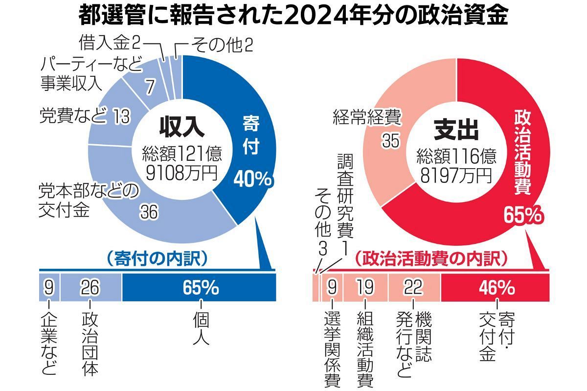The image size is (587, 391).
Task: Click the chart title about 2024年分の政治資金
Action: pyautogui.click(x=293, y=16)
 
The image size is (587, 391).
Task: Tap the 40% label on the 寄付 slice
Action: pyautogui.click(x=252, y=179)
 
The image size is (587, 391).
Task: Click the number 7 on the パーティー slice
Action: pyautogui.click(x=151, y=88)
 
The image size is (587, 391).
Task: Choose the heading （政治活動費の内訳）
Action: pyautogui.click(x=430, y=257)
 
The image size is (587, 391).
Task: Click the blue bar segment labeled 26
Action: pyautogui.click(x=91, y=288)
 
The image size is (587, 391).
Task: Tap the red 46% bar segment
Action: pyautogui.click(x=495, y=288)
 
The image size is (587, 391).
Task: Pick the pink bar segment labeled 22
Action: pyautogui.click(x=414, y=288)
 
